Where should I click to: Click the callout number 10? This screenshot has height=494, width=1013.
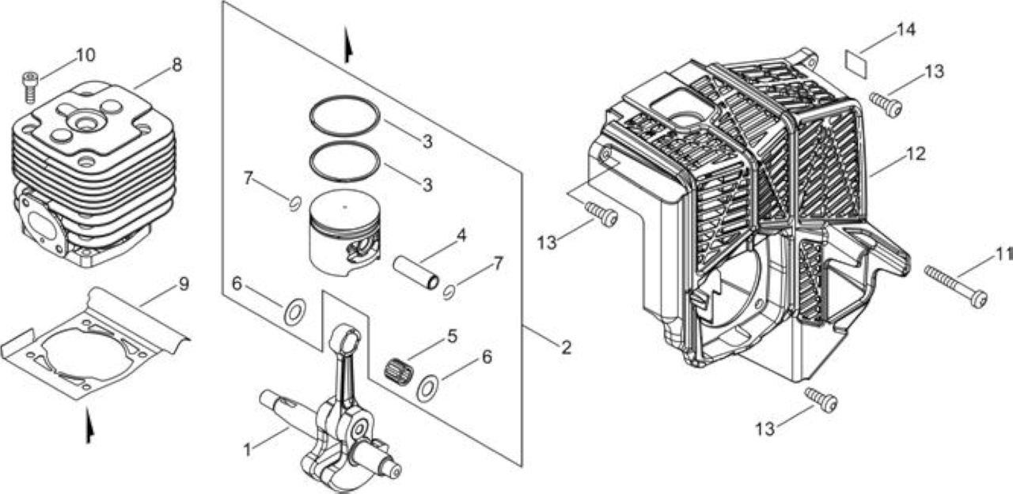click(86, 55)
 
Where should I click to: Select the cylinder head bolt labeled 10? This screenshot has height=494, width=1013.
click(30, 88)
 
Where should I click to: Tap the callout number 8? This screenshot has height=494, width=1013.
click(176, 65)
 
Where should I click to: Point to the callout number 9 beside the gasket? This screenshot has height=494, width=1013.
click(184, 284)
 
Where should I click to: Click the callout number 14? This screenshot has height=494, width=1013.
click(906, 30)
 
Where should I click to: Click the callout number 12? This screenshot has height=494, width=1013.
click(916, 154)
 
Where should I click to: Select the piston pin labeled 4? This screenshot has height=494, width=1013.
click(416, 273)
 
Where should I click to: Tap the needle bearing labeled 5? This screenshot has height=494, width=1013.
click(399, 369)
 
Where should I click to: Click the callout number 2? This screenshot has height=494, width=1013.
click(566, 348)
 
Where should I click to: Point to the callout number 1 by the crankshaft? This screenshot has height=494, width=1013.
click(247, 450)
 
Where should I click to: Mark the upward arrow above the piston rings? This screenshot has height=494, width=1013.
click(347, 45)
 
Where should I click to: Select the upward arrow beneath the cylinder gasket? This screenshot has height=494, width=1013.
click(90, 425)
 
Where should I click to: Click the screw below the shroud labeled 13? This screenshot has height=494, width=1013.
click(821, 400)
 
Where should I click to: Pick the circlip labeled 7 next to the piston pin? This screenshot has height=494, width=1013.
click(450, 292)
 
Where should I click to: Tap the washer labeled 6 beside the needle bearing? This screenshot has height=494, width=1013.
click(427, 388)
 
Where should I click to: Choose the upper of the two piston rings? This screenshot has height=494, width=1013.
click(344, 116)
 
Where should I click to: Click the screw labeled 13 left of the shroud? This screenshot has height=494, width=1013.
click(601, 214)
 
